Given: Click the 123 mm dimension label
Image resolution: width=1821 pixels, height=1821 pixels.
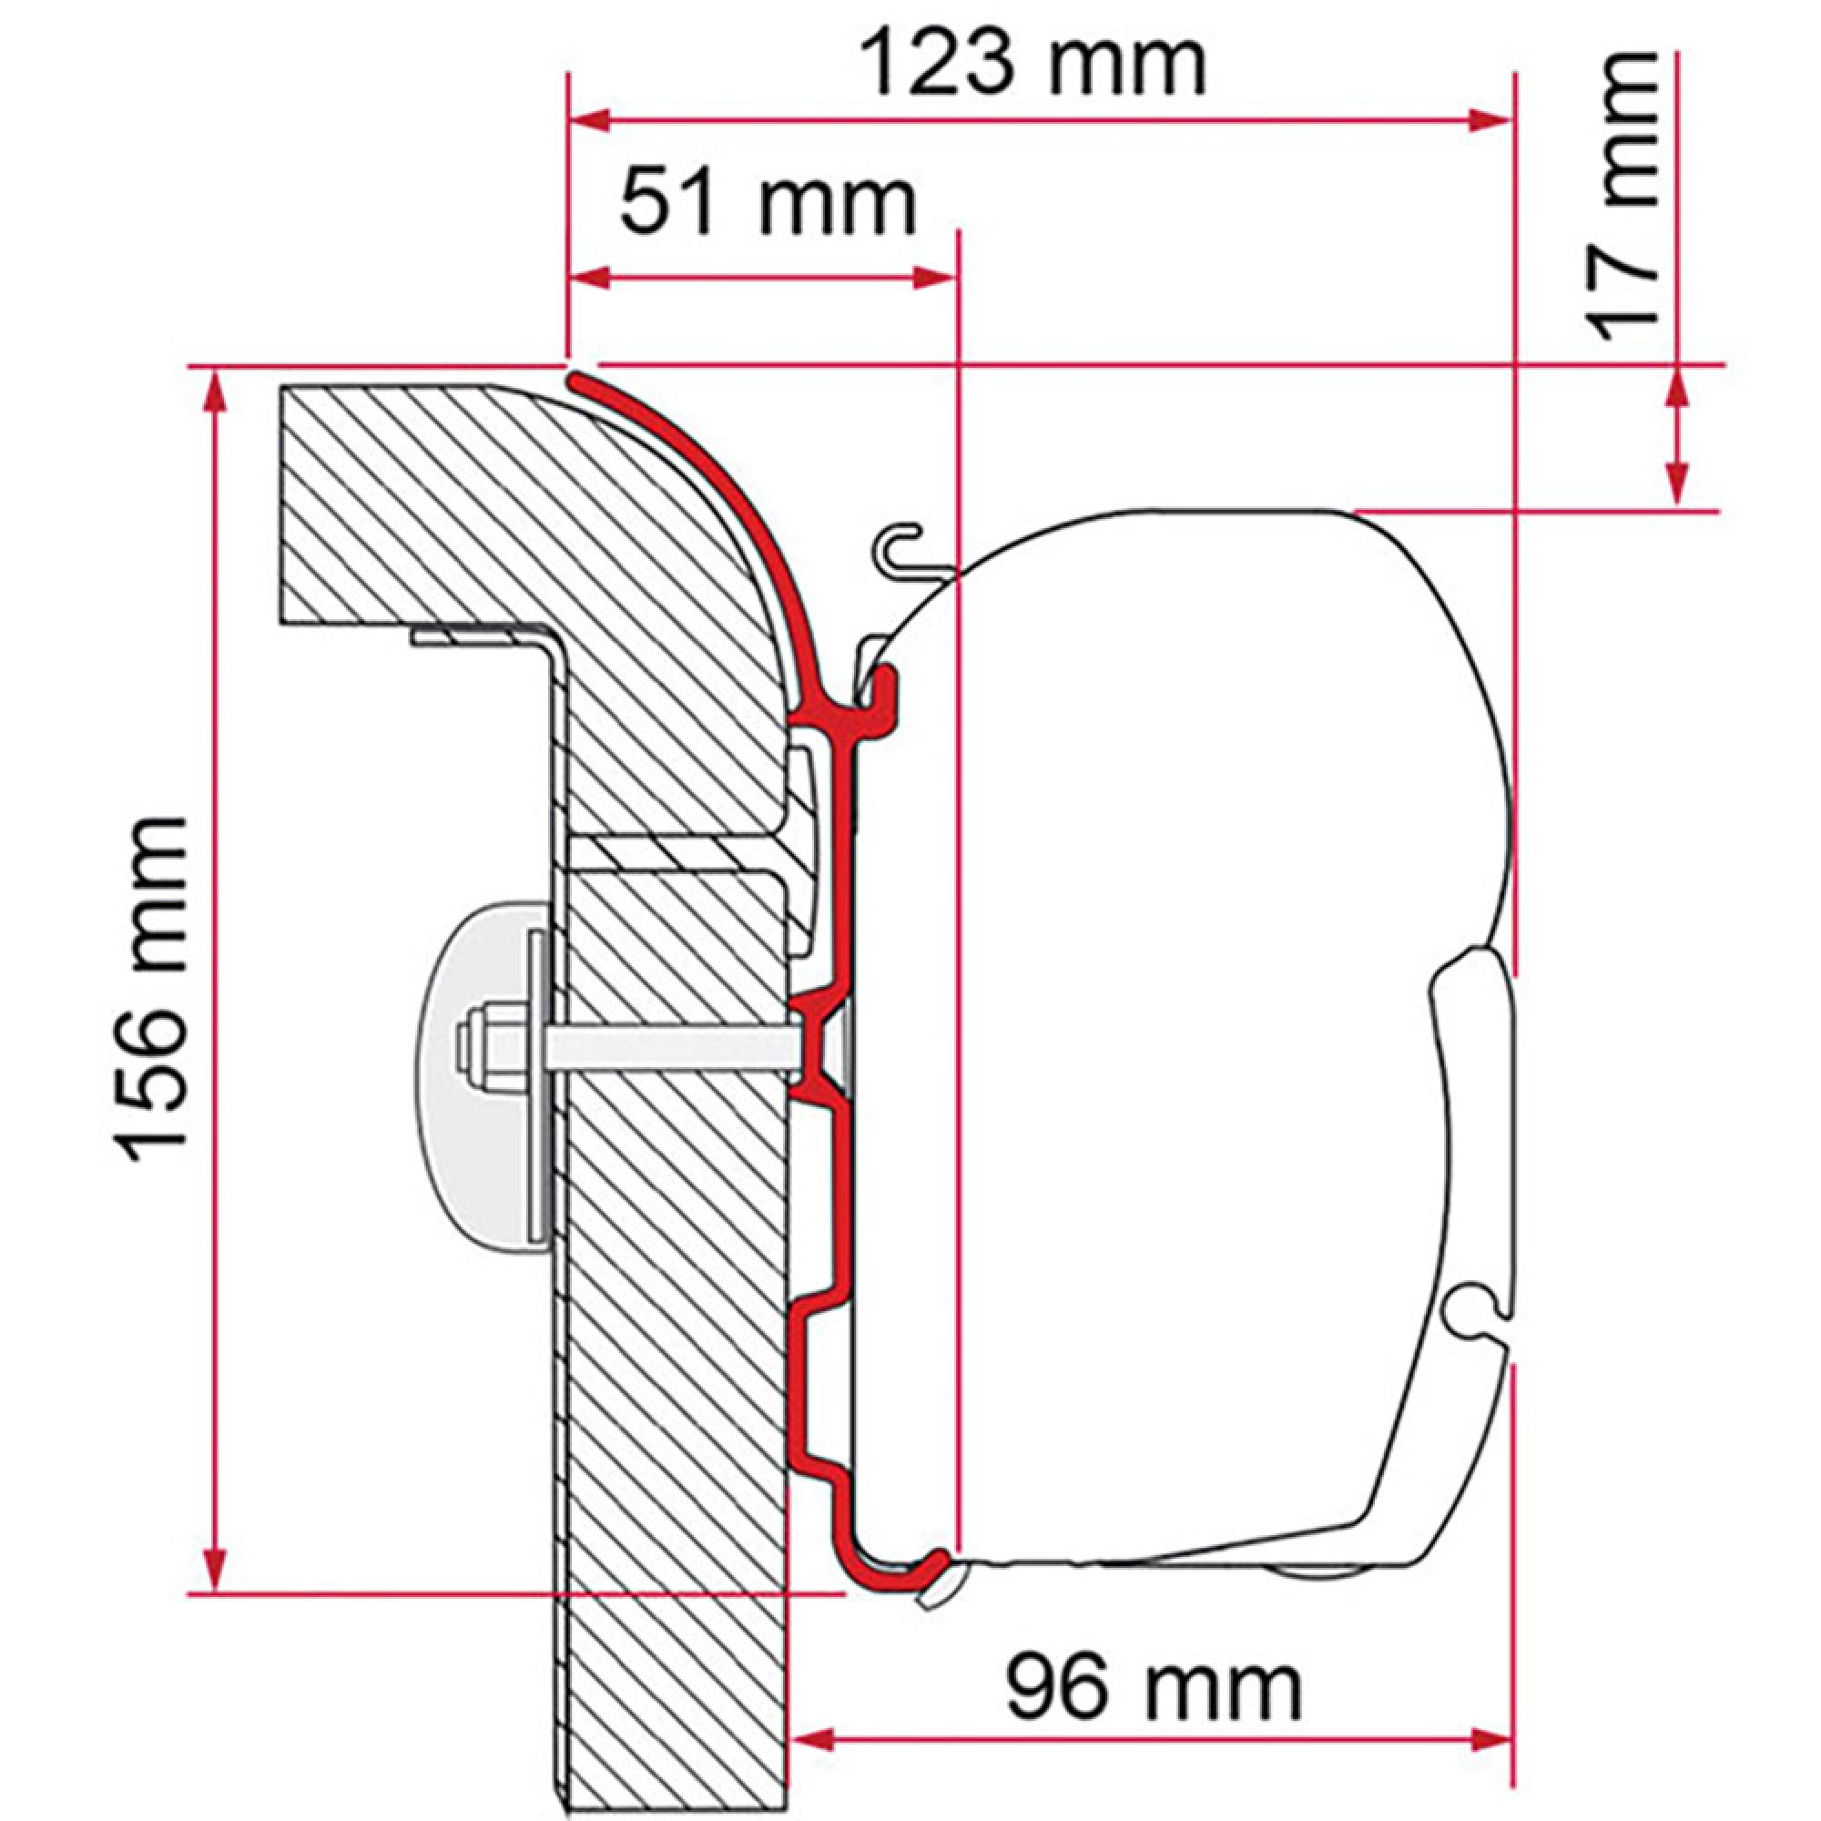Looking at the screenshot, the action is coord(1034,63).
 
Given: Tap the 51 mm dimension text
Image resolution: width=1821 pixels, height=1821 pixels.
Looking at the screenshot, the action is coord(768,203).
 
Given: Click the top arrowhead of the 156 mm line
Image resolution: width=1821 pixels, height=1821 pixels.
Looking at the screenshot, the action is coord(218,390).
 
